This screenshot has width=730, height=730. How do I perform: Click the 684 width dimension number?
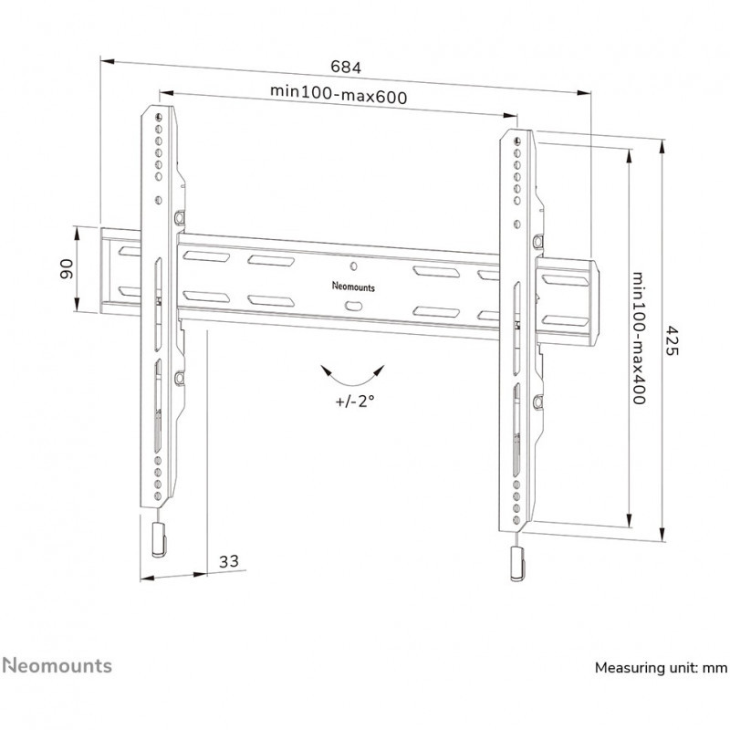[346, 67]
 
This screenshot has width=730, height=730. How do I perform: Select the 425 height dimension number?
[670, 340]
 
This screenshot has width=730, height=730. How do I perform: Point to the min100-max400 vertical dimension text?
[638, 339]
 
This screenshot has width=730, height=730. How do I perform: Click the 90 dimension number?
[67, 269]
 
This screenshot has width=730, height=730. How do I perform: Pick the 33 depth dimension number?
[229, 561]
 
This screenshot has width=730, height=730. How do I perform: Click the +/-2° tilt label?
[355, 401]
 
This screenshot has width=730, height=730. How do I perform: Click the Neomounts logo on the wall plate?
[353, 287]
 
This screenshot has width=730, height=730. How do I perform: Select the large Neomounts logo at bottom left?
[57, 666]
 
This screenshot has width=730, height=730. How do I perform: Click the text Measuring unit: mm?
[661, 668]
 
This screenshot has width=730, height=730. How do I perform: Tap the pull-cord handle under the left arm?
[159, 540]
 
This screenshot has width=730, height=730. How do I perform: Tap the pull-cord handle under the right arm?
[517, 564]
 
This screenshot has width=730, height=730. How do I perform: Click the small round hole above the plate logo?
[353, 266]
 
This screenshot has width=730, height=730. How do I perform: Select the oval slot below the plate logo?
[354, 306]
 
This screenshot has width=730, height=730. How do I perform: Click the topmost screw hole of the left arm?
[159, 117]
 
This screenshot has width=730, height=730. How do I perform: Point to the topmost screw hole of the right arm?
[517, 141]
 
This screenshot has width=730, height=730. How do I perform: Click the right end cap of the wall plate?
[595, 303]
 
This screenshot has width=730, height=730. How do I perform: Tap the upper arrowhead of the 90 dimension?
[78, 233]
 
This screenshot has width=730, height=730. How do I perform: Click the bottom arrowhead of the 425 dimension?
[662, 535]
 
